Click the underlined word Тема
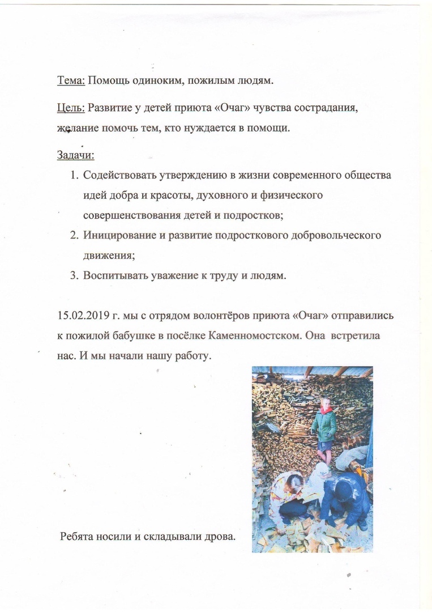[x=71, y=80]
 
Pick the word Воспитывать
[x=116, y=276]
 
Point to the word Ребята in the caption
[x=78, y=535]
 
